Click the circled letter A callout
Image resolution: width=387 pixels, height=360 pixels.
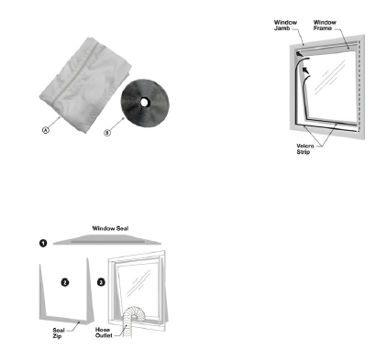point(45,130)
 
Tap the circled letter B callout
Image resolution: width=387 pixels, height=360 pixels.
point(107,133)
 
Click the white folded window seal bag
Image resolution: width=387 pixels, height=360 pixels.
point(85,84)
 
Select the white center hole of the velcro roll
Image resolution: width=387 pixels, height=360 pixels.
point(144,103)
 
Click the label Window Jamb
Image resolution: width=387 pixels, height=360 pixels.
point(285,25)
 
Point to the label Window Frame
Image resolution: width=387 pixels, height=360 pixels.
point(325,25)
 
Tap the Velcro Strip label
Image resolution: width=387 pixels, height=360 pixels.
point(305,149)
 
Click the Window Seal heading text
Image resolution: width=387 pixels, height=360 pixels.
point(110,228)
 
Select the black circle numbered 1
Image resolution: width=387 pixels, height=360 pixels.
point(43,244)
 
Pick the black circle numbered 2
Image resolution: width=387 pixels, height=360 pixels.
point(65,282)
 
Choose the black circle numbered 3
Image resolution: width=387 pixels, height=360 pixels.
point(101,282)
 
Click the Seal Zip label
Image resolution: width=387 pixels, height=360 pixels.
point(59,333)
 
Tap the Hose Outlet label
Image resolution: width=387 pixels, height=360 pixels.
point(104,333)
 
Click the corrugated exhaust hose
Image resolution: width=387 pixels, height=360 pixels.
point(130,321)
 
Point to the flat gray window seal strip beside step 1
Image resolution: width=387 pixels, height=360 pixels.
point(107,240)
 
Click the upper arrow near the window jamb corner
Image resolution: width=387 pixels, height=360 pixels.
point(300,55)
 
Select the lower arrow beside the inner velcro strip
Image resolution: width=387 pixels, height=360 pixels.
point(305,71)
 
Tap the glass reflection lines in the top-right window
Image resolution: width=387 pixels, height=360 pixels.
point(329,77)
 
